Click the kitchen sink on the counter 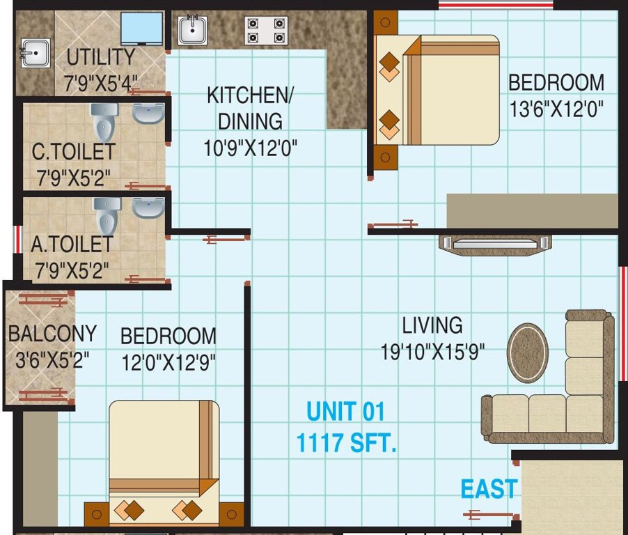tap(192, 30)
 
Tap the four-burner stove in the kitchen tap(265, 31)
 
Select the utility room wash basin tap(35, 53)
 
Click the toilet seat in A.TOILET tap(108, 215)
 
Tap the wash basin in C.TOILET tap(148, 113)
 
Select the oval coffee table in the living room tap(527, 352)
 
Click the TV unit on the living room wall tap(494, 244)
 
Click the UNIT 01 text tap(345, 412)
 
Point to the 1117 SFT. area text tap(346, 442)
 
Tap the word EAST tap(489, 489)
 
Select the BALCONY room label tap(52, 334)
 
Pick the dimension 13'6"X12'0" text tap(556, 109)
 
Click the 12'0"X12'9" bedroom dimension tap(168, 362)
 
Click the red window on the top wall tap(495, 5)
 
